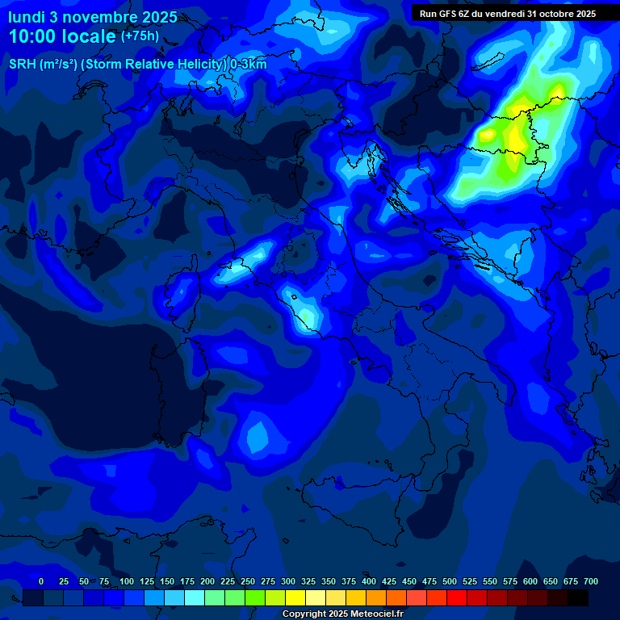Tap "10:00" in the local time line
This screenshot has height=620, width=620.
click(x=31, y=37)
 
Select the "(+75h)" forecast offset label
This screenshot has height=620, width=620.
click(x=140, y=36)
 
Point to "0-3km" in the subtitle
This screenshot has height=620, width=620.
click(x=249, y=65)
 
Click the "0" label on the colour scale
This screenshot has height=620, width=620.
click(x=41, y=581)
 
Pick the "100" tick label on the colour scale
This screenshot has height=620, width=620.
click(x=127, y=581)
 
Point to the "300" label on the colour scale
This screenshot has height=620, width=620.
click(x=288, y=581)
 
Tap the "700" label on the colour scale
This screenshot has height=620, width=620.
click(x=591, y=581)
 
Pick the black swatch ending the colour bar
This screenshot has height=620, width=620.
click(x=578, y=597)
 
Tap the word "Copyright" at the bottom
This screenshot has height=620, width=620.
click(x=305, y=614)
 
